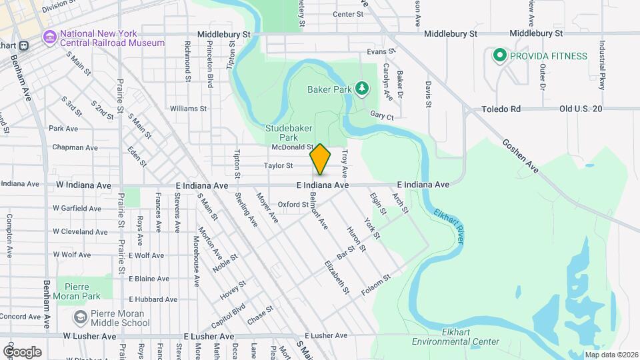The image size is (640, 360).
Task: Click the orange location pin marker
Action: [321, 159]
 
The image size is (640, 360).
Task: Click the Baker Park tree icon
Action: [361, 88]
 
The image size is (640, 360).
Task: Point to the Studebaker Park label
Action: [290, 132]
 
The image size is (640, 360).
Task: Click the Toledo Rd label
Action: [501, 109]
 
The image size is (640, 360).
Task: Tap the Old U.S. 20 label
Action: [580, 109]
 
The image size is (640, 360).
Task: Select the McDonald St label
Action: [292, 147]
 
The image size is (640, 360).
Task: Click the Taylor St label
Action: [278, 165]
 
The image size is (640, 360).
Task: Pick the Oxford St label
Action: [293, 205]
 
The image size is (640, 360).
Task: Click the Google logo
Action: [22, 351]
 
